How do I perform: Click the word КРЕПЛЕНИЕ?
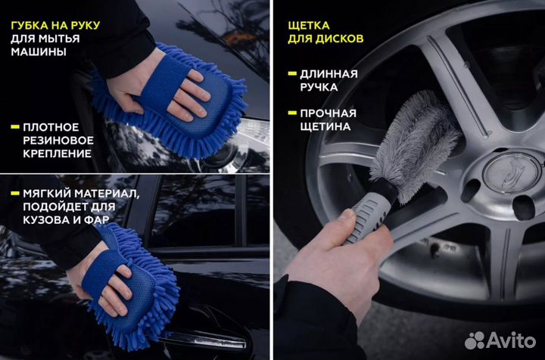57,153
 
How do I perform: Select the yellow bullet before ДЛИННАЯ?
292,73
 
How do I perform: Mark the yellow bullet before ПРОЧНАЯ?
292,113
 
